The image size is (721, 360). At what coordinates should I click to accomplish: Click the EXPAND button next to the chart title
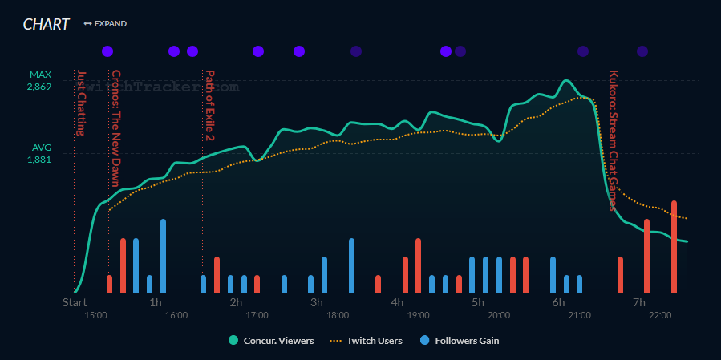tap(105, 24)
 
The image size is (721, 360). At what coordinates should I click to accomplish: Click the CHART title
tap(46, 24)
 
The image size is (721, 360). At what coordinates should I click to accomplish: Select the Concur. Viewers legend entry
tap(271, 341)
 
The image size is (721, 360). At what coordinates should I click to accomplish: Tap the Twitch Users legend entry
tap(367, 341)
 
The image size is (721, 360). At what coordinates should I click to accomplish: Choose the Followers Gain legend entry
tap(460, 341)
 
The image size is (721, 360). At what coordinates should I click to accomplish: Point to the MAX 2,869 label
tap(38, 80)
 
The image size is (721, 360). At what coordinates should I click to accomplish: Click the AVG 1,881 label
tap(38, 153)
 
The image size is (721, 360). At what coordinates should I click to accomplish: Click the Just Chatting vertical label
tap(80, 103)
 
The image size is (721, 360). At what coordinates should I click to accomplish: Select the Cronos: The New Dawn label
tap(115, 128)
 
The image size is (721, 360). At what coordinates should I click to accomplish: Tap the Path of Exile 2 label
tap(210, 105)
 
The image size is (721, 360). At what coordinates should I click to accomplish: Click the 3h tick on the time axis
tap(317, 302)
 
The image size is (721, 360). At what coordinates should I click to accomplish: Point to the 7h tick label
tap(639, 302)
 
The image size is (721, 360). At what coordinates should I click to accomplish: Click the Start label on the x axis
tap(75, 302)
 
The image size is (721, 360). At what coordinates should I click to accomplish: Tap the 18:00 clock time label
tap(337, 316)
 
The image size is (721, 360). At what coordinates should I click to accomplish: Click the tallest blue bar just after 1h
tap(163, 255)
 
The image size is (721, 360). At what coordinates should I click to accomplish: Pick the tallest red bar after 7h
tap(674, 245)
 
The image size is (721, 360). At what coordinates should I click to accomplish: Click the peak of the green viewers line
tap(566, 81)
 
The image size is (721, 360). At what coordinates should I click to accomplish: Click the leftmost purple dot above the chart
tap(107, 51)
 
